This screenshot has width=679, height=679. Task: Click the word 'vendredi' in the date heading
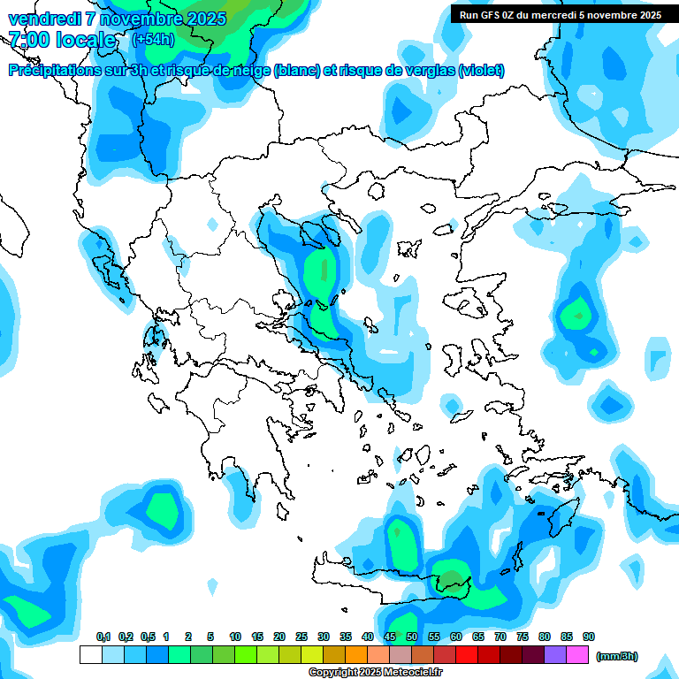coord(42,19)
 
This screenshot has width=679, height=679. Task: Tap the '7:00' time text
coord(30,40)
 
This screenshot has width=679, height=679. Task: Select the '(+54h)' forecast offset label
coord(153,40)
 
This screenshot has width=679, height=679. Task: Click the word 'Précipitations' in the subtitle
coord(55,71)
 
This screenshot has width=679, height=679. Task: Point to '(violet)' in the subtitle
coord(481,71)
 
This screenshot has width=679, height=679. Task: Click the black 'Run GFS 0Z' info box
coord(560,14)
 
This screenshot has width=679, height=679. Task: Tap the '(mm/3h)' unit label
coord(616,656)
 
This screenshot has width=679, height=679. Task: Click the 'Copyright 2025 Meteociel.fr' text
coord(375,673)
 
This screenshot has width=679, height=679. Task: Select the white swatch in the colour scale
coord(90,655)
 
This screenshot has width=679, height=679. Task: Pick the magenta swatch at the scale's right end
coord(576,655)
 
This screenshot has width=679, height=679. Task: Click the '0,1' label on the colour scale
coord(103,637)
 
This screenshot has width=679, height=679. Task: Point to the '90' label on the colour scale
coord(588,637)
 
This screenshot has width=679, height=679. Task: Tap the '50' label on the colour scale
coord(412,637)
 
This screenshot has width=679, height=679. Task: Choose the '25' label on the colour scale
coord(301,637)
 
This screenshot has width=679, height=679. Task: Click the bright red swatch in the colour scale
coord(466,655)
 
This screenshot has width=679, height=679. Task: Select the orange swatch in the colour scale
coord(355,655)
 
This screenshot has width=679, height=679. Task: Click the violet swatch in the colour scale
coord(554,655)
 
